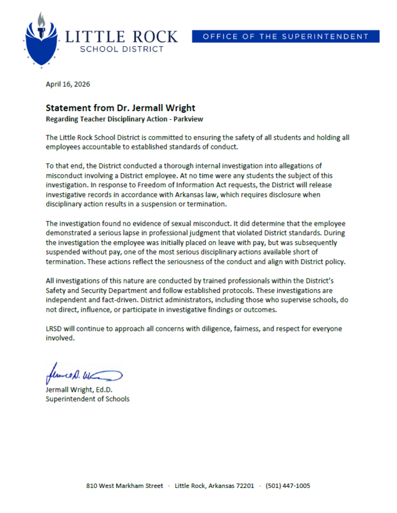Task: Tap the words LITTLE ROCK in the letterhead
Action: (121, 35)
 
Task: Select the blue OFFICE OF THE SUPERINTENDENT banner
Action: (286, 37)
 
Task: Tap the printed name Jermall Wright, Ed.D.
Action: (79, 389)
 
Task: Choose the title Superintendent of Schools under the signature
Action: (87, 399)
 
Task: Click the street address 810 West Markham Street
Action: (124, 486)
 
